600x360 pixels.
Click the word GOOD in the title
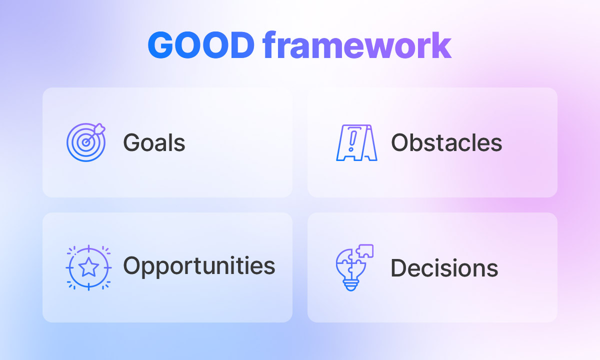pos(201,44)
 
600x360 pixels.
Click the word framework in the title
pos(357,44)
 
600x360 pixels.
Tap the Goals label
pos(154,142)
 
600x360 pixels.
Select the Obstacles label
pos(446,142)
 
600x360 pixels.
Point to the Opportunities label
pos(199,266)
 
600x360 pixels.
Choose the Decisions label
pos(444,267)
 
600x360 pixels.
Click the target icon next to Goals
pos(86,142)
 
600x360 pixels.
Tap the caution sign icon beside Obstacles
pos(357,143)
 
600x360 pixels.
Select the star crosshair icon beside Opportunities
pos(88,267)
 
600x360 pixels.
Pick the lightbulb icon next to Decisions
pos(354,267)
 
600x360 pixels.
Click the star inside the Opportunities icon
pos(88,267)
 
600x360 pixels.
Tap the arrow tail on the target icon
pos(99,128)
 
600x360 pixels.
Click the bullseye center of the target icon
pos(85,142)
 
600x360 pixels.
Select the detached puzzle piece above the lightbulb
pos(364,251)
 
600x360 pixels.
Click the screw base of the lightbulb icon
pos(350,286)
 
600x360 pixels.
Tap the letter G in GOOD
pos(160,45)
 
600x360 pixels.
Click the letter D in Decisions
pos(399,267)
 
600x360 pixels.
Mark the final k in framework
pos(442,44)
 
